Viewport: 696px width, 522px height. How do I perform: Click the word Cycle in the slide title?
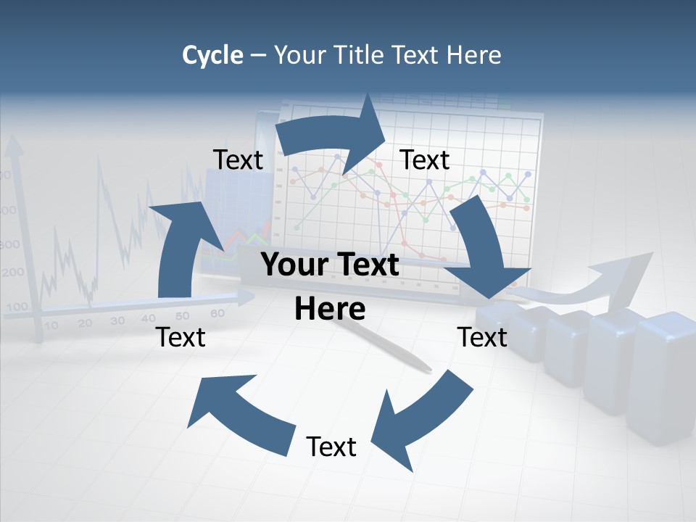tap(212, 55)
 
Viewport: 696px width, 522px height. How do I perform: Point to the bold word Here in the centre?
tap(330, 310)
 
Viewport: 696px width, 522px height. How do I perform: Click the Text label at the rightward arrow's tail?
tap(239, 160)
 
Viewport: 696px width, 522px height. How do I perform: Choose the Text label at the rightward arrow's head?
tap(425, 160)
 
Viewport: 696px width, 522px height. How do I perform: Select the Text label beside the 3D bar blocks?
tap(482, 337)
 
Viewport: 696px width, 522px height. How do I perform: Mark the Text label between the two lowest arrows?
tap(331, 447)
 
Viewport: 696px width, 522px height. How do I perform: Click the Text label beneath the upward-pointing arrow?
tap(181, 337)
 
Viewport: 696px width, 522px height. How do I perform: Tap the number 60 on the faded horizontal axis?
tap(217, 313)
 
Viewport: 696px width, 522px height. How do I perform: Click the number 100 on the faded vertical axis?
tap(16, 306)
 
